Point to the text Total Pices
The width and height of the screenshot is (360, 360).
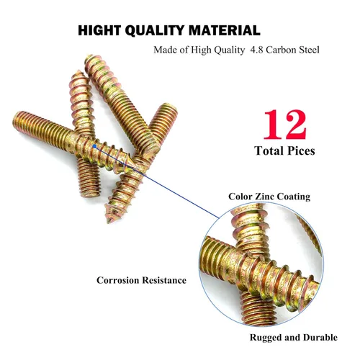point(284,151)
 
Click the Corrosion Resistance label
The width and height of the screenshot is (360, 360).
point(141,279)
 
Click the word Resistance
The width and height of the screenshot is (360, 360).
point(163,279)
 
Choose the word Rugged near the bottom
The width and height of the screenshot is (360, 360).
point(265,338)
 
